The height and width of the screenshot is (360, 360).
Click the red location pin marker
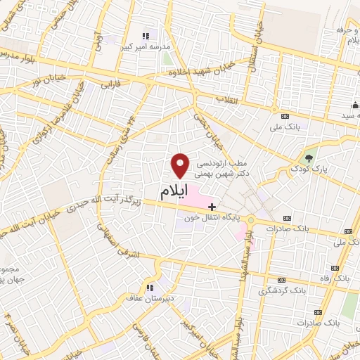pyautogui.click(x=181, y=165)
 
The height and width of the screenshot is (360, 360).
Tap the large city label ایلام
pyautogui.click(x=175, y=192)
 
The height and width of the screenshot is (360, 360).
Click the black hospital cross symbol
pyautogui.click(x=212, y=207)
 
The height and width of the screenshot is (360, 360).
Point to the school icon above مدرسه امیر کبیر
pyautogui.click(x=146, y=35)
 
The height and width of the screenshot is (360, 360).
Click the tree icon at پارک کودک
pyautogui.click(x=310, y=157)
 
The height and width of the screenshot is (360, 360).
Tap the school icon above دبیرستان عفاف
pyautogui.click(x=149, y=287)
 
